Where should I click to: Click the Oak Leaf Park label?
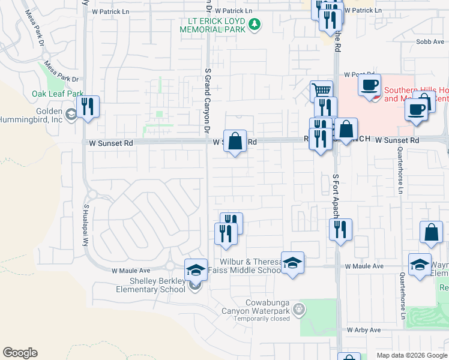[58, 94]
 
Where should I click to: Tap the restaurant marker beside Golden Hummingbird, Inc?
[88, 107]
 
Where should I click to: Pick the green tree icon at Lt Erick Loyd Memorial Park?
[256, 24]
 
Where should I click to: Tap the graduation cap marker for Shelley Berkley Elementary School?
[196, 271]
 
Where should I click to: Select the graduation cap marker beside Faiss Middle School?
[292, 263]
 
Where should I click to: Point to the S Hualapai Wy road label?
[86, 224]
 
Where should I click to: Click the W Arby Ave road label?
[364, 330]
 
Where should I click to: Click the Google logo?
[20, 352]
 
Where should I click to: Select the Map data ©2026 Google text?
[411, 355]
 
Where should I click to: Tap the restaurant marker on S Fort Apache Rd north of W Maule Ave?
[340, 230]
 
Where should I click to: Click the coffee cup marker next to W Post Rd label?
[369, 85]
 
